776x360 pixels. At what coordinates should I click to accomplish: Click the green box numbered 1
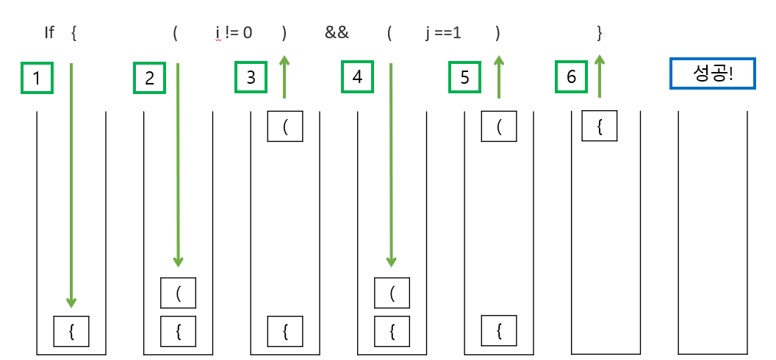click(x=37, y=78)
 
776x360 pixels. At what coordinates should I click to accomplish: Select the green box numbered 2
click(x=150, y=78)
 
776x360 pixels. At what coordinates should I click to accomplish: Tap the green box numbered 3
click(x=251, y=78)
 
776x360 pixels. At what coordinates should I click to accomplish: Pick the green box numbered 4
click(x=357, y=77)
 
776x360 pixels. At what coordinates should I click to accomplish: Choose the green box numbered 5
click(x=464, y=78)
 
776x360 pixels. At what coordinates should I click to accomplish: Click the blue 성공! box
click(x=712, y=73)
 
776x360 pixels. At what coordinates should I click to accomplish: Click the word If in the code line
click(x=50, y=34)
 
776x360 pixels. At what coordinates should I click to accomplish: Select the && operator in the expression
click(x=337, y=34)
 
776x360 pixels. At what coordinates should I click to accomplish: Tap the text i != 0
click(x=234, y=34)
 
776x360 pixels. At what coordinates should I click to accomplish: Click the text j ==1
click(x=443, y=34)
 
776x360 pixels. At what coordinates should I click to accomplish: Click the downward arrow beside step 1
click(x=71, y=184)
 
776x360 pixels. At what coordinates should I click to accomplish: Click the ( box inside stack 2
click(x=179, y=293)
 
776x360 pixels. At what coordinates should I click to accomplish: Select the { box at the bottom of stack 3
click(x=285, y=330)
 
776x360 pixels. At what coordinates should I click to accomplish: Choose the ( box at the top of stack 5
click(x=499, y=126)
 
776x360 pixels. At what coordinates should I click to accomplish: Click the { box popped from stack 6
click(x=600, y=126)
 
